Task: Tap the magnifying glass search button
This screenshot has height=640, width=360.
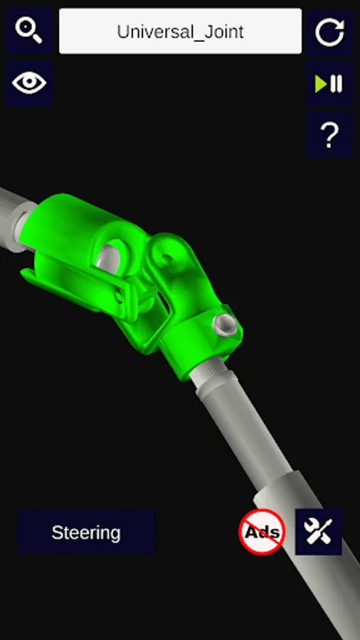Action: (29, 31)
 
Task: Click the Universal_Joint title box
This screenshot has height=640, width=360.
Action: (181, 31)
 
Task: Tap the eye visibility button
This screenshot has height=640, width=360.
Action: (29, 83)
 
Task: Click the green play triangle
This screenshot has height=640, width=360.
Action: (321, 84)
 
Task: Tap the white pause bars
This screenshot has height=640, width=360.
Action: (337, 84)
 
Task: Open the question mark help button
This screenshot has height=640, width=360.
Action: (330, 134)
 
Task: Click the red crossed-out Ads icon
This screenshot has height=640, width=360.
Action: (262, 532)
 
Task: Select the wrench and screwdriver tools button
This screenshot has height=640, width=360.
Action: (318, 532)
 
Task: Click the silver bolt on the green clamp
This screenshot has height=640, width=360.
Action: (225, 325)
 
